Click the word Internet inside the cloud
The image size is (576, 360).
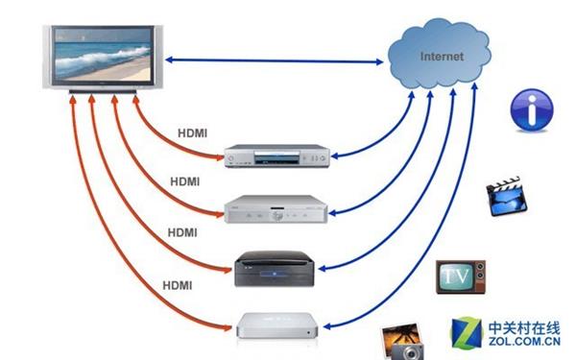pyautogui.click(x=441, y=57)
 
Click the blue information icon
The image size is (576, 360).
pyautogui.click(x=531, y=109)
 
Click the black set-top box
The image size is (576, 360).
pyautogui.click(x=276, y=270)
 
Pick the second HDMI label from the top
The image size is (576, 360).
pyautogui.click(x=186, y=181)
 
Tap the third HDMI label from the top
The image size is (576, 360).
pyautogui.click(x=183, y=231)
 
